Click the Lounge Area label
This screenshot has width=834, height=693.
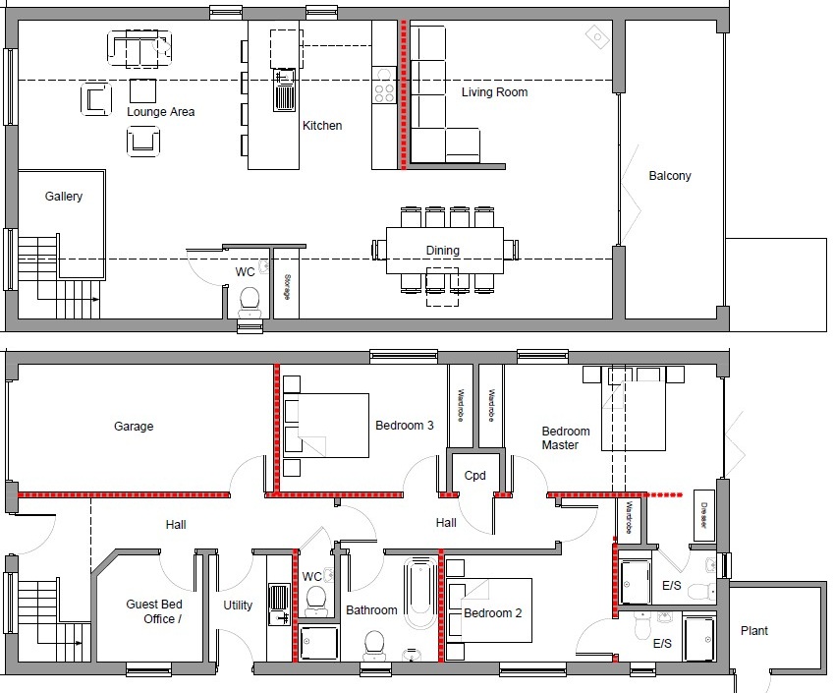160,112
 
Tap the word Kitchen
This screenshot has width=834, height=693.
322,126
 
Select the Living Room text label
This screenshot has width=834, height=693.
494,92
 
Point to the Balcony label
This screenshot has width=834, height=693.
670,176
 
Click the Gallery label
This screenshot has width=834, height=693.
64,197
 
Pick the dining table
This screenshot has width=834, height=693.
444,251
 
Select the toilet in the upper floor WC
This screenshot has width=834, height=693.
249,298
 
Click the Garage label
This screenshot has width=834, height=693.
134,427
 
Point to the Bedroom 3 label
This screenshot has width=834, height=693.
405,426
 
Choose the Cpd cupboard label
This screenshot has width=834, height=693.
475,476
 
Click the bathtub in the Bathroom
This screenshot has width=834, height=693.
419,600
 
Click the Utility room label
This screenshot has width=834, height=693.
238,606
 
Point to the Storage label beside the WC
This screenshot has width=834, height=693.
287,293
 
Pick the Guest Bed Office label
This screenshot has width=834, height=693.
154,611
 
